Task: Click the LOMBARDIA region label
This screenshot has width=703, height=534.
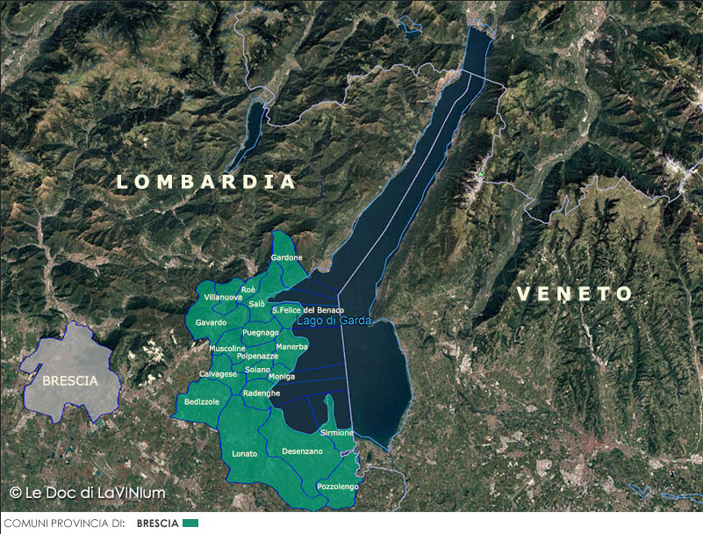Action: [x=207, y=182]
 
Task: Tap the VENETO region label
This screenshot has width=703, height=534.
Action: [x=574, y=294]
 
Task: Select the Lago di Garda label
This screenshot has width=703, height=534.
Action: [x=334, y=321]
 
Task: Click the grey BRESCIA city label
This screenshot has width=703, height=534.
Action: [x=70, y=381]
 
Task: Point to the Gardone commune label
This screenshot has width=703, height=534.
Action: [x=287, y=258]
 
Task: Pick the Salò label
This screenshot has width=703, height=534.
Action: [x=257, y=304]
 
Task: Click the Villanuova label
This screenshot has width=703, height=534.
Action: [x=223, y=298]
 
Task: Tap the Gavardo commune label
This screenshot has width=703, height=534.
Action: [x=212, y=323]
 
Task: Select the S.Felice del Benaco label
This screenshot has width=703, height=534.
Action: [x=307, y=310]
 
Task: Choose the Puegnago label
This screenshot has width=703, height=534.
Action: [x=260, y=333]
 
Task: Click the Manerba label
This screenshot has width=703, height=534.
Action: [x=292, y=346]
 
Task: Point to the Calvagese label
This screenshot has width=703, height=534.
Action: [x=218, y=374]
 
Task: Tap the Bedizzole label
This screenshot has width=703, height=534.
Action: [x=202, y=401]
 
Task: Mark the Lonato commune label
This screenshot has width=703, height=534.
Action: [x=245, y=453]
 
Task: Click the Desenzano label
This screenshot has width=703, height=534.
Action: [x=302, y=451]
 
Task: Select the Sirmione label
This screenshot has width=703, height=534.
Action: [x=337, y=433]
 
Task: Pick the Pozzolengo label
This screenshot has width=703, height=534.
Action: [x=338, y=486]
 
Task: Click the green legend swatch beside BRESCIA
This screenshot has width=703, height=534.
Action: [x=190, y=523]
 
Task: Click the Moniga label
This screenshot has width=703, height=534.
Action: [x=281, y=377]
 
